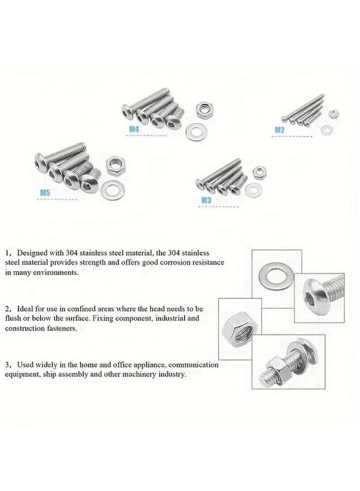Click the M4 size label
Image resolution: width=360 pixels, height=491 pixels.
coord(134,129)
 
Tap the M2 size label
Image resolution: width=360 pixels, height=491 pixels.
coord(279,130)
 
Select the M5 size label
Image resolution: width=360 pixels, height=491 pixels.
coord(45,193)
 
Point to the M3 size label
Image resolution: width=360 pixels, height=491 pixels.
coord(206,200)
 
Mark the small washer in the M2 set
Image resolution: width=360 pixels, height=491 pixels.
coord(327,129)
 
